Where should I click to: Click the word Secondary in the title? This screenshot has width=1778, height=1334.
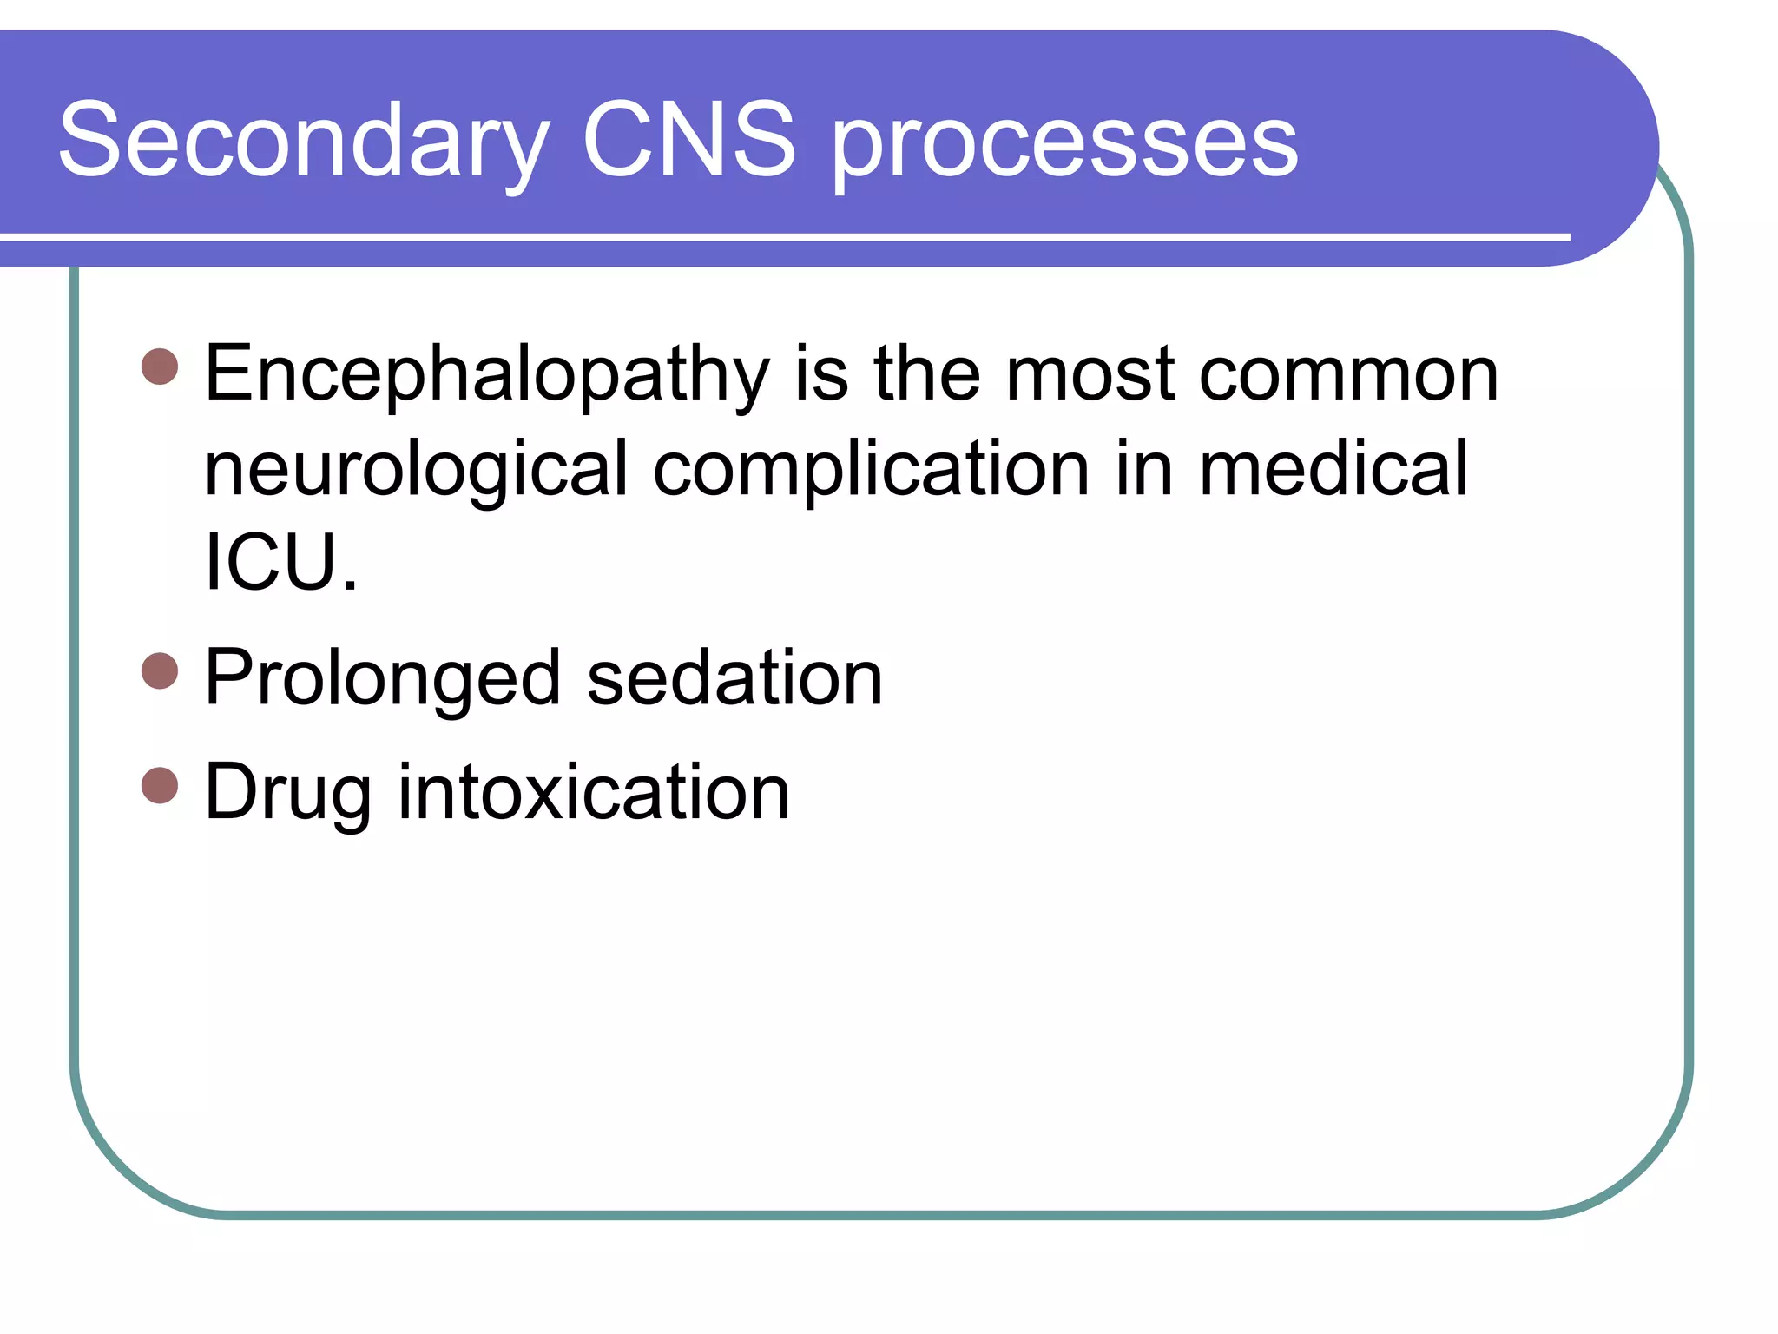click(x=304, y=141)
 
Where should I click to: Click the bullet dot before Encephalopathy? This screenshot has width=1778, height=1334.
click(x=160, y=367)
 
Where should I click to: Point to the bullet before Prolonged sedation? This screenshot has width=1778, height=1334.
click(x=160, y=671)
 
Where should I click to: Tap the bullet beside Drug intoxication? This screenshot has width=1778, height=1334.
click(x=160, y=786)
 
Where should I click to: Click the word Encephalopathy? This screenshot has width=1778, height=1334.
click(x=486, y=375)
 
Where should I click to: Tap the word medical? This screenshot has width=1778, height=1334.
click(x=1333, y=469)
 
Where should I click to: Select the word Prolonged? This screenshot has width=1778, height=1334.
click(x=382, y=679)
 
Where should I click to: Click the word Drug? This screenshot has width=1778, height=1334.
click(x=287, y=793)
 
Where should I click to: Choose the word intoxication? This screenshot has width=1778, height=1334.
click(x=594, y=791)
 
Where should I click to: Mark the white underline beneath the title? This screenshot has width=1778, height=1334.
click(x=781, y=236)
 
